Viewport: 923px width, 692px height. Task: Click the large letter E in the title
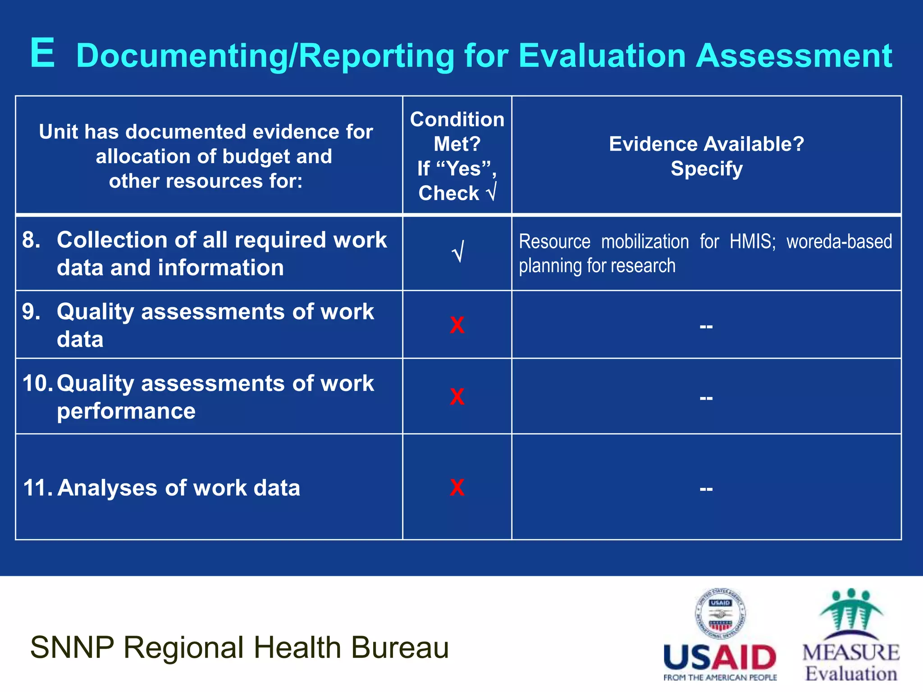43,54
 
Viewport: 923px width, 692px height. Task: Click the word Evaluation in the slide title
602,56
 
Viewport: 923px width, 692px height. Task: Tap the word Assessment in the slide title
794,56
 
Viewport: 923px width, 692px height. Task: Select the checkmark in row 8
457,252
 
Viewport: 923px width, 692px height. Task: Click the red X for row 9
457,325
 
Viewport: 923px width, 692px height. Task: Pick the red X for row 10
457,397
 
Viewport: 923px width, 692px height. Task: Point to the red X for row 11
457,487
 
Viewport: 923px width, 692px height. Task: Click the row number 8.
31,240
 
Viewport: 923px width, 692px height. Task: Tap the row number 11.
38,488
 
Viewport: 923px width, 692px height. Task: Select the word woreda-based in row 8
839,242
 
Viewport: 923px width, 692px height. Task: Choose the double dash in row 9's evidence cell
706,326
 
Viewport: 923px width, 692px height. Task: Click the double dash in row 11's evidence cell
706,489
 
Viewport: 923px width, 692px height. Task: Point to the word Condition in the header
457,120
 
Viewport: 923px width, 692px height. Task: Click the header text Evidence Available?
706,144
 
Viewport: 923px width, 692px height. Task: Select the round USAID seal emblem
720,614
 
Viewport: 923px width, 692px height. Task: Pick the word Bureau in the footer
400,647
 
